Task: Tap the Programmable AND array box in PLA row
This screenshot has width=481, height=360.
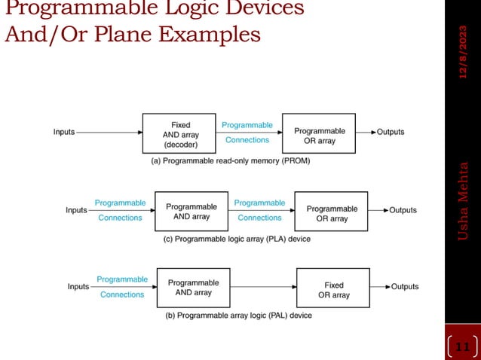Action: (191, 211)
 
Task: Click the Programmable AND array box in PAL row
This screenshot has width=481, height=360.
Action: (193, 287)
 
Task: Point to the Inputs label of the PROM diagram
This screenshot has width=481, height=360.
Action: (64, 132)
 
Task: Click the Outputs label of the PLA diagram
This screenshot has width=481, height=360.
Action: (403, 210)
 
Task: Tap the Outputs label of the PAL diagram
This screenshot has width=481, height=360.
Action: (404, 287)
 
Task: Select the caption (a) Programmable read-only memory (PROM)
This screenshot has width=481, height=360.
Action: (231, 160)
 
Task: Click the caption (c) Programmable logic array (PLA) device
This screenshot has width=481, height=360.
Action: (237, 239)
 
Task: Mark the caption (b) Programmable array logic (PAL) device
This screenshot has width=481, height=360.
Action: (238, 316)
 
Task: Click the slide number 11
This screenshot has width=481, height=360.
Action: (463, 347)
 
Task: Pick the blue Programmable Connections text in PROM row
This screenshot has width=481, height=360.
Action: (247, 132)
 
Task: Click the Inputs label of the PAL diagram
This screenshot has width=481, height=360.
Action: (78, 287)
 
